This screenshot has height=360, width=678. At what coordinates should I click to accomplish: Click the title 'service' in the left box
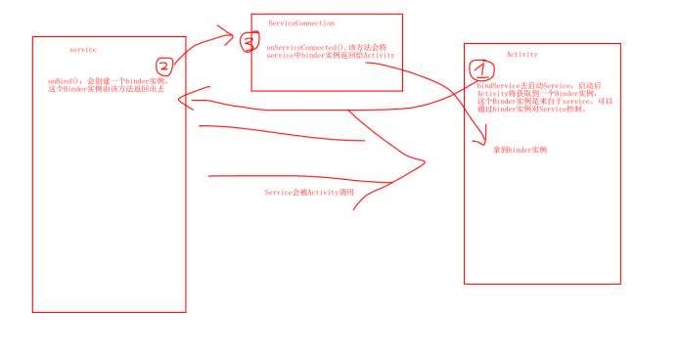click(83, 49)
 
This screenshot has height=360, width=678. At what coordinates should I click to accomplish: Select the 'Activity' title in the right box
click(521, 54)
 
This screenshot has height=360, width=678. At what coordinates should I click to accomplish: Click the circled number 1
click(480, 69)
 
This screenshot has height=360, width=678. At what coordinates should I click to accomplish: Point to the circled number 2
click(164, 67)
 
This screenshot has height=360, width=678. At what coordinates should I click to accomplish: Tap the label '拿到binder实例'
click(520, 150)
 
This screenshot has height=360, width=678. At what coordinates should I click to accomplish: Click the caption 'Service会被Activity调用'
click(308, 193)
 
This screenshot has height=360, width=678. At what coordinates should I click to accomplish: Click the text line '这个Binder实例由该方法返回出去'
click(106, 89)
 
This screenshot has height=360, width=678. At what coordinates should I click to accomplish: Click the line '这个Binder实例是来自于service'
click(538, 101)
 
